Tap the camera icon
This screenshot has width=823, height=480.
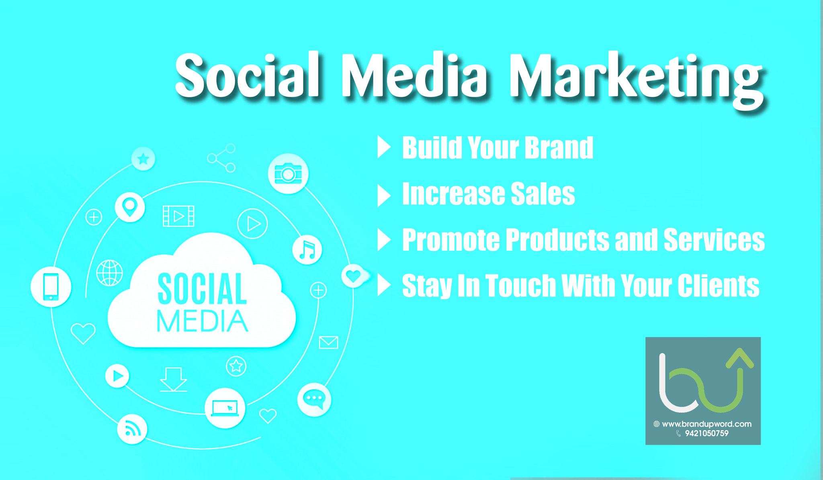tap(288, 174)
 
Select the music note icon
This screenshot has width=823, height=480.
tap(307, 250)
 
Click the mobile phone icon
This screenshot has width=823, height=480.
tap(51, 287)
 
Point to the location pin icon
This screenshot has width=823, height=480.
tap(130, 207)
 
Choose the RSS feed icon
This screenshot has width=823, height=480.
tap(132, 429)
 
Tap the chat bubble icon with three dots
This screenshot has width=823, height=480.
tap(314, 399)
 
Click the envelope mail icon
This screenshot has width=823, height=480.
tap(328, 342)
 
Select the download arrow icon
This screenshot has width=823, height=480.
tap(173, 379)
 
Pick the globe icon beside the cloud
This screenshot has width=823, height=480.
tap(110, 273)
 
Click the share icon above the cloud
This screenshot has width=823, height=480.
tap(221, 158)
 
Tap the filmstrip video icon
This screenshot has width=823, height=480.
tap(178, 216)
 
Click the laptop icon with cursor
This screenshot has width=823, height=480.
tap(225, 408)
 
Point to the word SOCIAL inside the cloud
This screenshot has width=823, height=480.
tap(202, 289)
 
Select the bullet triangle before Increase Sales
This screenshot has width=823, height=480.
tap(384, 195)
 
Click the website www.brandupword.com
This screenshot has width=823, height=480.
tap(706, 424)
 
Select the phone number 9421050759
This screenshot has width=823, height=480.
tap(706, 433)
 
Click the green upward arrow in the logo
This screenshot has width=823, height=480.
tap(739, 362)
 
